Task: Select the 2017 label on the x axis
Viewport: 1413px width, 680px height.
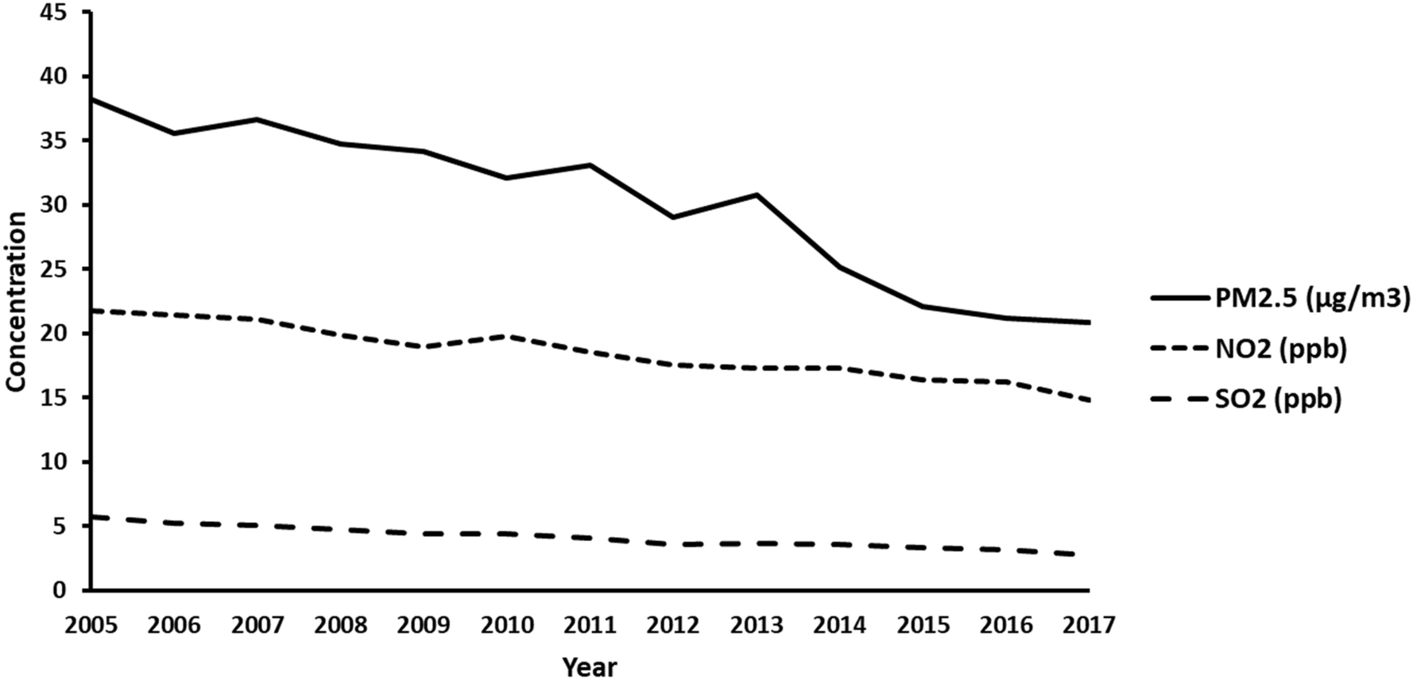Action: click(1088, 625)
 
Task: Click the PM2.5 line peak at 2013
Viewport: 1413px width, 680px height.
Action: click(757, 195)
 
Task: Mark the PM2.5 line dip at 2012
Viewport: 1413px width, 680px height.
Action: click(674, 217)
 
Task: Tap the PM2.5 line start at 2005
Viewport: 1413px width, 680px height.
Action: click(93, 99)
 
